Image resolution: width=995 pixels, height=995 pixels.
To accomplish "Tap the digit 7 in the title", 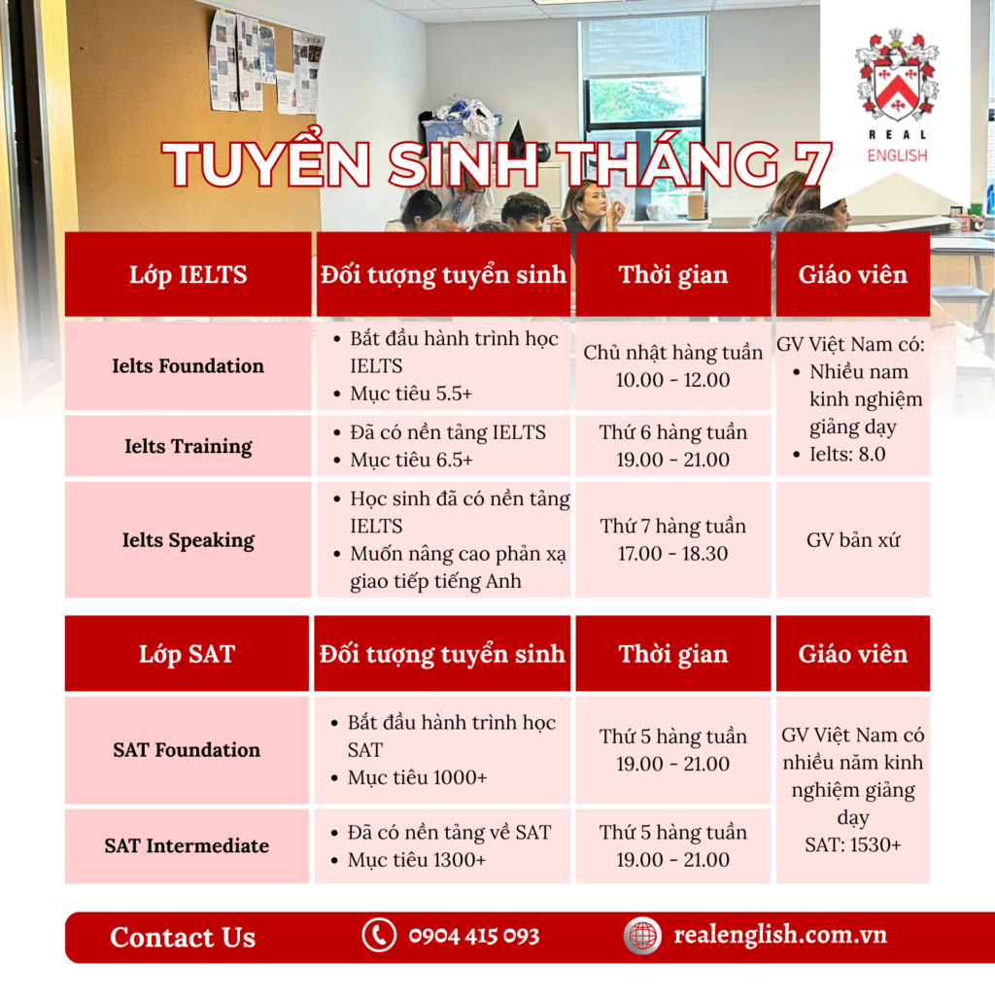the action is point(807,163).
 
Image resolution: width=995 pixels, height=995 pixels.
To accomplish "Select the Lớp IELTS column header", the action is point(189,275).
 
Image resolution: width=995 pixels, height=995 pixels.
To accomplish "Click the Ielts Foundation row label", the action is point(188,366).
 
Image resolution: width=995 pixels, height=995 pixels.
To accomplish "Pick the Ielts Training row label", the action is point(188,446).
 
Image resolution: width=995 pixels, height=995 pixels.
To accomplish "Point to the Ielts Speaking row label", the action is point(188,540).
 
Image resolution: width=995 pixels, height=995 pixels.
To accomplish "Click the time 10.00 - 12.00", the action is point(672,380).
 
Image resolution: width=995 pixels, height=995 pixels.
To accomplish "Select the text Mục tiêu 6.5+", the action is point(411,460).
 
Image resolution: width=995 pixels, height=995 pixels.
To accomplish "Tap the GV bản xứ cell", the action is point(853,540).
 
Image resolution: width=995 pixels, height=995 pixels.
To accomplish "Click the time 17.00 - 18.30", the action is point(672,553).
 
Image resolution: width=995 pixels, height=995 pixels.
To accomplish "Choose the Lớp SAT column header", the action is point(188,654).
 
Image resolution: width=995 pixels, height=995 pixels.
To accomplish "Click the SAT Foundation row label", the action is point(187,750).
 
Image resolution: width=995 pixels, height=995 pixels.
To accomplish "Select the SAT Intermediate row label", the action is point(187,846).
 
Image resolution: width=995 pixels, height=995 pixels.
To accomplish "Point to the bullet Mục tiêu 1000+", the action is point(417,778).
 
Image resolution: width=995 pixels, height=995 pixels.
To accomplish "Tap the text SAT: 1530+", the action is point(853,845).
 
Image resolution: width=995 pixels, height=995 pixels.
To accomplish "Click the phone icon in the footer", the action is point(379,936).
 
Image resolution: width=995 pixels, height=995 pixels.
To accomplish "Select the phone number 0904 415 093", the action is point(474,936).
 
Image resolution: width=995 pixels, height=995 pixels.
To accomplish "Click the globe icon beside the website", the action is point(642,936).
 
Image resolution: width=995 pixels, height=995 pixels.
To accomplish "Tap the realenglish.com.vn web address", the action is point(780,935).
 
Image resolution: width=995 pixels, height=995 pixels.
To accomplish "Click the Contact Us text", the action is point(183,938).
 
